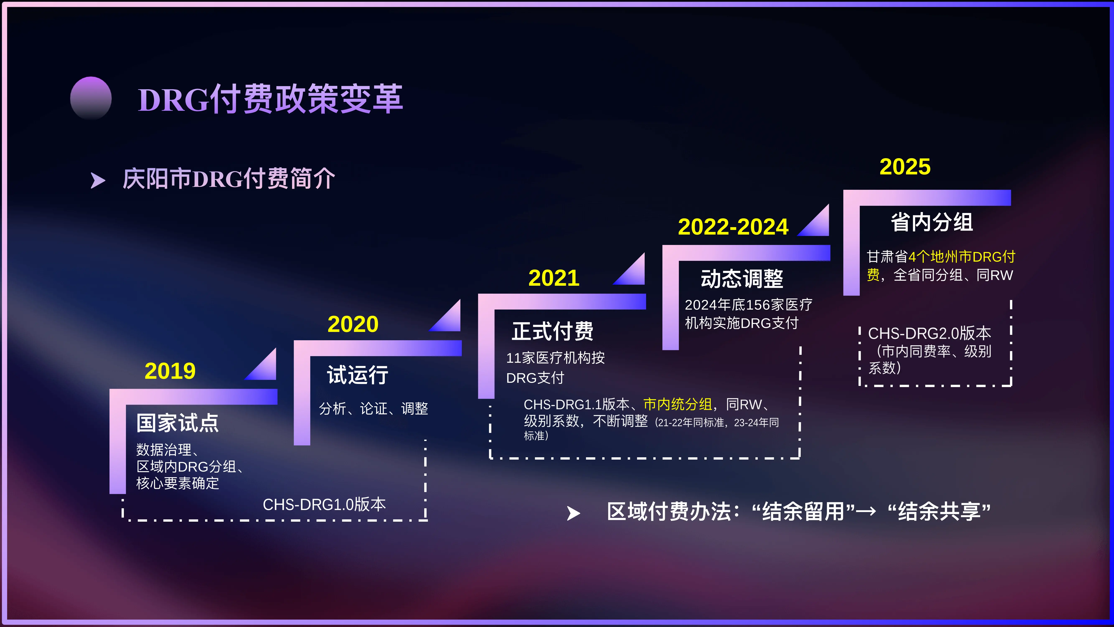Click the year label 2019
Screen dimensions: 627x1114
[x=170, y=371]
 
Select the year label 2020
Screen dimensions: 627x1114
[x=353, y=324]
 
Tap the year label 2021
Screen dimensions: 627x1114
[x=554, y=278]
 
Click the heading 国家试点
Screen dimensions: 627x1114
[x=177, y=423]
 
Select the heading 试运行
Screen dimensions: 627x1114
[x=357, y=375]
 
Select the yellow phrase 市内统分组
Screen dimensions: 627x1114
[x=677, y=404]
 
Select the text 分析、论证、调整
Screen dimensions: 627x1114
[x=373, y=408]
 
